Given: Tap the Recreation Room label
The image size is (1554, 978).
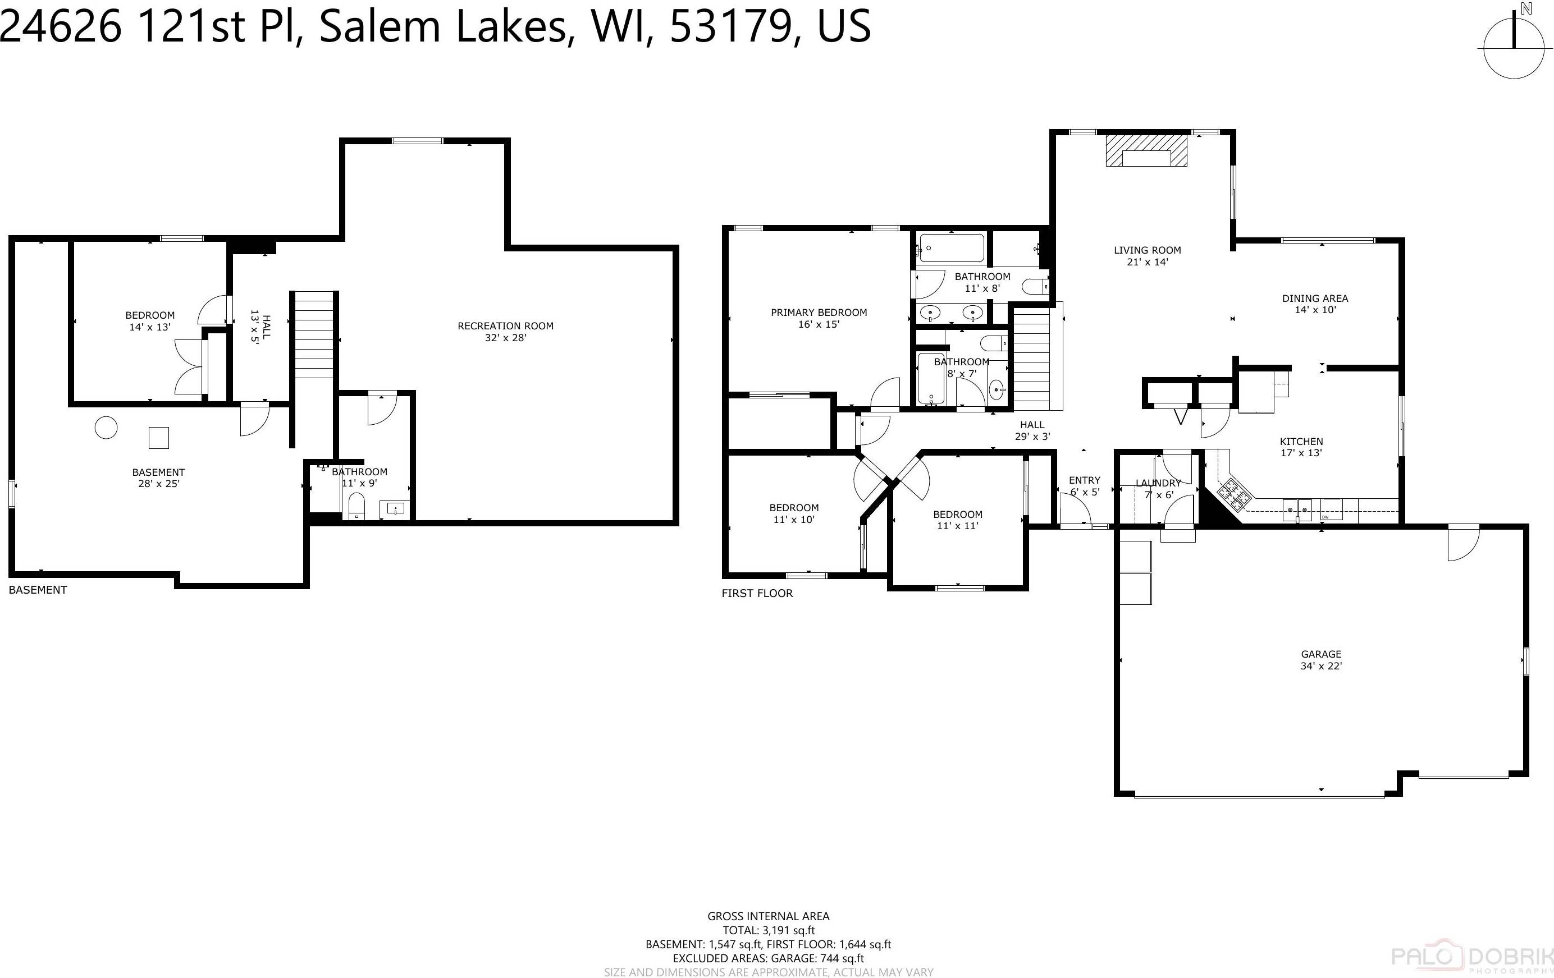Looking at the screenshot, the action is pyautogui.click(x=505, y=332).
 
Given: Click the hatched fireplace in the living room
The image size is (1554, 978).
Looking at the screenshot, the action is pyautogui.click(x=1146, y=150).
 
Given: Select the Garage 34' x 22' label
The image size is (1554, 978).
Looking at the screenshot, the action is pyautogui.click(x=1321, y=660).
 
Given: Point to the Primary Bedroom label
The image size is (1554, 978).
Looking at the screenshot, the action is pyautogui.click(x=819, y=318).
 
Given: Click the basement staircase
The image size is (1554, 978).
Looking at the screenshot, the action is pyautogui.click(x=314, y=335).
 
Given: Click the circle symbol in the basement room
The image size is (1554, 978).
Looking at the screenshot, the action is pyautogui.click(x=106, y=427).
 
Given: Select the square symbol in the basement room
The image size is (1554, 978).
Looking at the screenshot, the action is pyautogui.click(x=159, y=438).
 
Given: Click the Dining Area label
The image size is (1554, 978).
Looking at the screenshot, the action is pyautogui.click(x=1315, y=304).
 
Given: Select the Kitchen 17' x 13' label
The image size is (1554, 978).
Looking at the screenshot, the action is pyautogui.click(x=1301, y=447).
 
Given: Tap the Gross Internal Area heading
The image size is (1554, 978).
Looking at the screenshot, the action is pyautogui.click(x=768, y=916).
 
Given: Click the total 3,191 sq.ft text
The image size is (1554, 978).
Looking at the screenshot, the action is pyautogui.click(x=768, y=930).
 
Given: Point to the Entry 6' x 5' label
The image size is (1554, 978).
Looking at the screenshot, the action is pyautogui.click(x=1084, y=486).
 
